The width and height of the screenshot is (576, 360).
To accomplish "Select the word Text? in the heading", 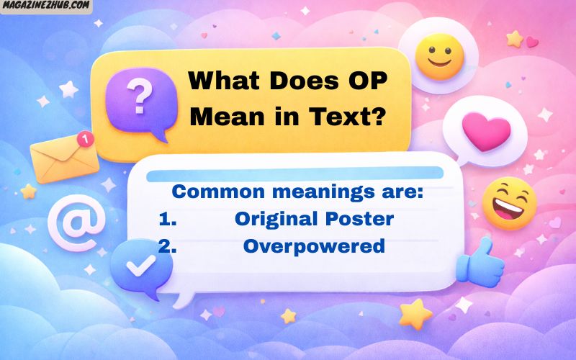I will (x=345, y=115).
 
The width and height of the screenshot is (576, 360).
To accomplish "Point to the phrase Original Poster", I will (x=314, y=218).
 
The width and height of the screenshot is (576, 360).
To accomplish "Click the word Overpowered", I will (x=314, y=246).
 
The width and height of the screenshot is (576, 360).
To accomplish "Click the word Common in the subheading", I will (x=213, y=192).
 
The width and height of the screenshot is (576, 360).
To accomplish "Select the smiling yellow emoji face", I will (x=440, y=55).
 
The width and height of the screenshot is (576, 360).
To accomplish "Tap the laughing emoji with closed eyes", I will (x=509, y=203).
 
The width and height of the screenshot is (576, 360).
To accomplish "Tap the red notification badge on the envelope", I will (x=86, y=138).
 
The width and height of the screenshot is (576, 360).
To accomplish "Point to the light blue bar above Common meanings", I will (x=295, y=174).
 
